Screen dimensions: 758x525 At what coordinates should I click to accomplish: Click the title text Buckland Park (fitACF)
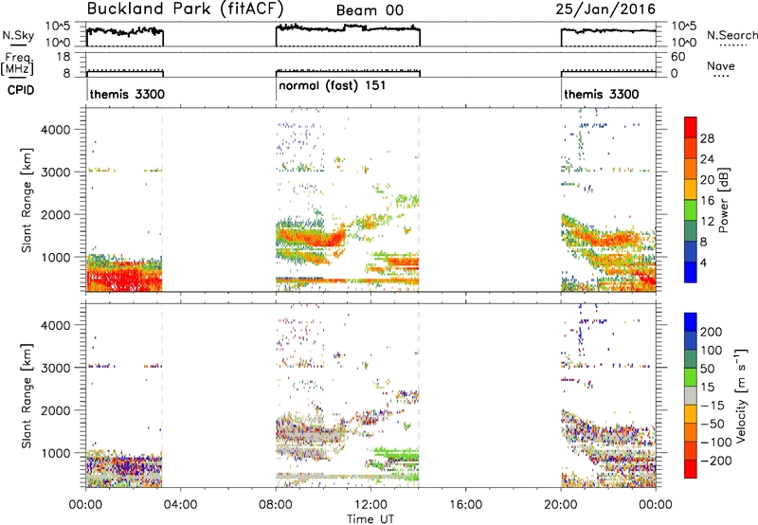click(x=185, y=9)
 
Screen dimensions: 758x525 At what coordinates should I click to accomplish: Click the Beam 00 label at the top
click(x=370, y=10)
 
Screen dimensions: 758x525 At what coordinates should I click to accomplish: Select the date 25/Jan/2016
click(x=605, y=9)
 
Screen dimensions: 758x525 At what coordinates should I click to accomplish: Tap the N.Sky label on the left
click(x=18, y=35)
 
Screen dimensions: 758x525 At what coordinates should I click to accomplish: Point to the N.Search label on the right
click(x=732, y=35)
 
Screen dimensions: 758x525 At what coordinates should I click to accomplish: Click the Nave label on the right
click(x=721, y=65)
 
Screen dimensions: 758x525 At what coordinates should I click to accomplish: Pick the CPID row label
click(x=21, y=90)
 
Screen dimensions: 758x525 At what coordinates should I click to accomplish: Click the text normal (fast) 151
click(x=333, y=85)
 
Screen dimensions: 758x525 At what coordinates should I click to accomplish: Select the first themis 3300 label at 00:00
click(x=127, y=94)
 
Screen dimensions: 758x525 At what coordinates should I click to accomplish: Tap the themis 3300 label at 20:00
click(x=602, y=94)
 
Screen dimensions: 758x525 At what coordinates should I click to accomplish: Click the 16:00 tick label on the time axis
click(x=465, y=505)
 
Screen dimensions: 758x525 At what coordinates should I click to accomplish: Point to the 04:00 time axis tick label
click(x=180, y=505)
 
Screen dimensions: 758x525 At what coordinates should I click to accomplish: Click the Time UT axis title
click(x=370, y=519)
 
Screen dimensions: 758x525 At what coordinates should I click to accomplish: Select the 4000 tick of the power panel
click(x=55, y=130)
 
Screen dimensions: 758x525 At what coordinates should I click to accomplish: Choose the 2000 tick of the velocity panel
click(x=55, y=410)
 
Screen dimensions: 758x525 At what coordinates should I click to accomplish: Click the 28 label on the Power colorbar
click(x=707, y=138)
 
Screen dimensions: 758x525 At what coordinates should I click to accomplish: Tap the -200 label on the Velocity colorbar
click(x=715, y=461)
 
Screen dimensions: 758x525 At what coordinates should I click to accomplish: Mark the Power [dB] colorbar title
click(x=724, y=200)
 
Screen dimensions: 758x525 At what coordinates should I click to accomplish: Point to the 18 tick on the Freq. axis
click(x=63, y=57)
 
